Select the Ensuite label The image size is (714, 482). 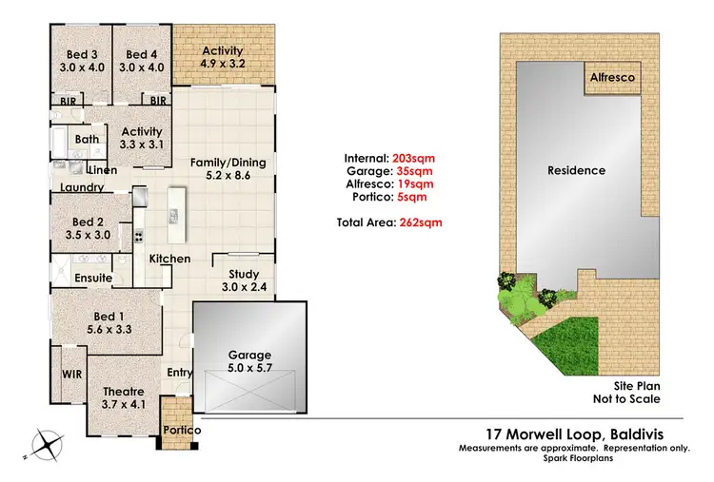[94, 278]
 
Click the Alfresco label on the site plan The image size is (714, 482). [612, 77]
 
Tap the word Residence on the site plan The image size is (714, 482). [576, 171]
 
